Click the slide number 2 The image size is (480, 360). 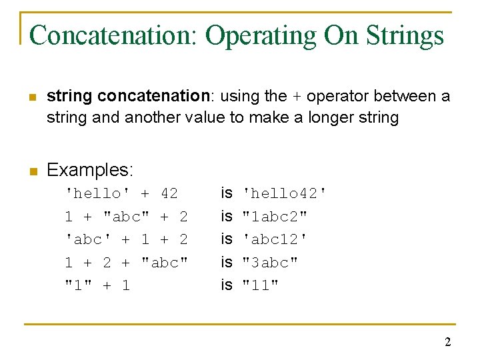click(x=447, y=343)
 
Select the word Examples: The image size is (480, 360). click(x=90, y=170)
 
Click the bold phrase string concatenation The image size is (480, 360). click(x=128, y=96)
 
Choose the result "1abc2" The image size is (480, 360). click(x=275, y=217)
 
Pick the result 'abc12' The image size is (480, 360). click(x=275, y=239)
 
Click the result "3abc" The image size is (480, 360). click(x=270, y=262)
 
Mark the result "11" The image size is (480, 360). click(x=261, y=285)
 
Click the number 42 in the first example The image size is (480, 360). click(x=169, y=193)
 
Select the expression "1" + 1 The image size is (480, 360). click(x=97, y=285)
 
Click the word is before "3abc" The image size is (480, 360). click(x=227, y=262)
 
